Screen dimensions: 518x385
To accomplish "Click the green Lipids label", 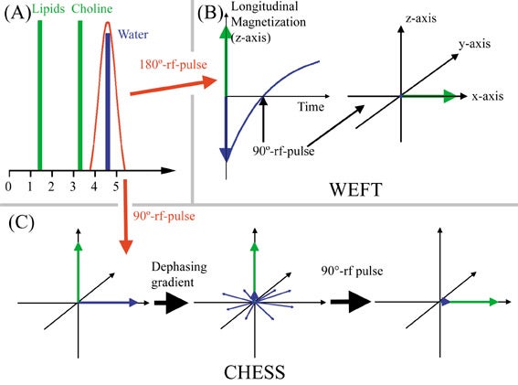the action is click(x=48, y=9).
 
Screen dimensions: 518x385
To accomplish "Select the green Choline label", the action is click(x=92, y=8).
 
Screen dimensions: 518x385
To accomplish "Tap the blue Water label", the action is click(x=132, y=34).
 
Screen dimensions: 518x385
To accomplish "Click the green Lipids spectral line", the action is click(x=40, y=95).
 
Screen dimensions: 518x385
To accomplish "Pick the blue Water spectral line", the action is click(x=108, y=102).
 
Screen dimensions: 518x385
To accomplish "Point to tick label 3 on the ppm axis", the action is click(x=73, y=187).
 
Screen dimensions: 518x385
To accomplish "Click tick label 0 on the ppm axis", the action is click(x=8, y=187).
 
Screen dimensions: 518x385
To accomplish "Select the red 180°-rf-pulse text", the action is click(x=173, y=64).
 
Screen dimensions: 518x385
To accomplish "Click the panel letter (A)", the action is click(x=17, y=13).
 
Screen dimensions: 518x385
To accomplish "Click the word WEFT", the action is click(x=355, y=190).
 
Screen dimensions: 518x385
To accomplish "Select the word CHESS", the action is click(x=254, y=372).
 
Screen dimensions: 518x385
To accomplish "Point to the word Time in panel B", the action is click(x=311, y=106).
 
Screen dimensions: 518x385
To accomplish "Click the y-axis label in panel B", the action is click(x=474, y=44).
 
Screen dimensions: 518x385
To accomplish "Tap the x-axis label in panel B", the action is click(x=488, y=96).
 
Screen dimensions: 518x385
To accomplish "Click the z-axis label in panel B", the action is click(x=421, y=18).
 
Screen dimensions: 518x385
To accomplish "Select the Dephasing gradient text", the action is click(x=179, y=274).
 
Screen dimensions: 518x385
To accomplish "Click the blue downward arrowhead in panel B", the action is click(x=226, y=155).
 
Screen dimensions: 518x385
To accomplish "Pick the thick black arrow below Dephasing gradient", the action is click(x=171, y=303).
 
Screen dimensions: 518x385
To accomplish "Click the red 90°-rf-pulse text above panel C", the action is click(x=164, y=216).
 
